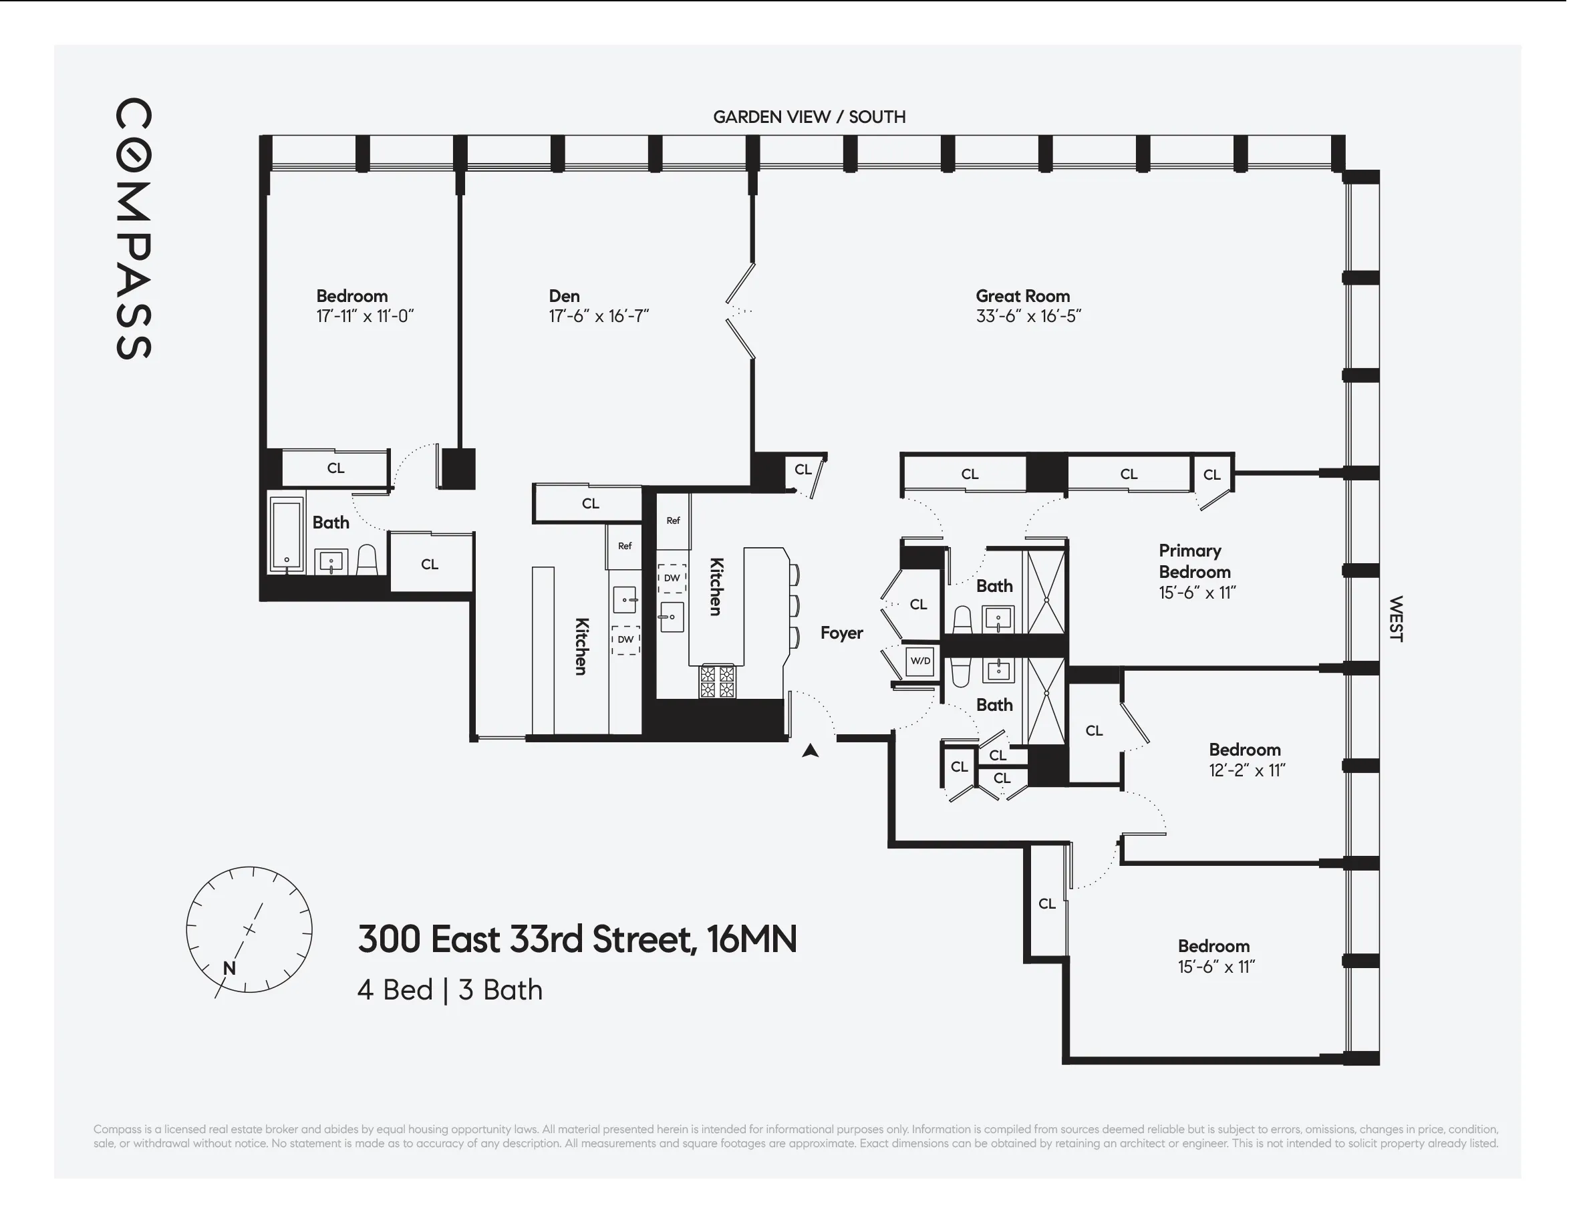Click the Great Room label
pyautogui.click(x=1022, y=296)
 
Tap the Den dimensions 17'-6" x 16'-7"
pyautogui.click(x=598, y=316)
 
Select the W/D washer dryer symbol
pyautogui.click(x=919, y=661)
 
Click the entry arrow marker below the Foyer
pyautogui.click(x=810, y=751)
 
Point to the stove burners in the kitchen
pyautogui.click(x=716, y=682)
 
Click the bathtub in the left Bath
pyautogui.click(x=287, y=535)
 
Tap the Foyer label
pyautogui.click(x=841, y=633)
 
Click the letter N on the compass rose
pyautogui.click(x=229, y=968)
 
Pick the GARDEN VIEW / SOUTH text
pyautogui.click(x=809, y=117)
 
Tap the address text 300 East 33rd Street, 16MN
pyautogui.click(x=577, y=939)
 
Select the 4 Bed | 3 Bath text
pyautogui.click(x=449, y=990)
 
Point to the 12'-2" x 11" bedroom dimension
pyautogui.click(x=1246, y=770)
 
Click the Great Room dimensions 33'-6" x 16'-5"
pyautogui.click(x=1028, y=316)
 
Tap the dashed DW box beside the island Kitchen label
pyautogui.click(x=672, y=579)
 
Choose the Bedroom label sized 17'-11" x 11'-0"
pyautogui.click(x=351, y=296)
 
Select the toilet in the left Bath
pyautogui.click(x=368, y=560)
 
